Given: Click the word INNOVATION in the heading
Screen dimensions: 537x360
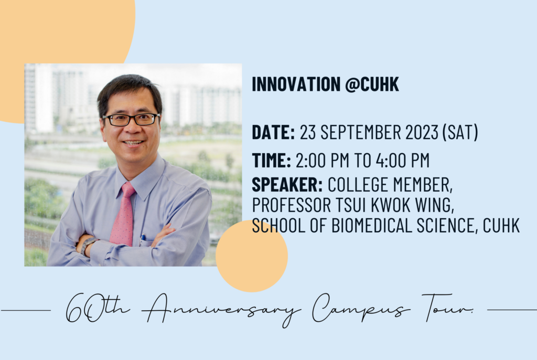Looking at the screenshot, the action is [296, 84].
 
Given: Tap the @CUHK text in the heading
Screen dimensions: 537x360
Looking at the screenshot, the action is [372, 84].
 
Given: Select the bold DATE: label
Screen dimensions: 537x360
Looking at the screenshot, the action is [273, 132].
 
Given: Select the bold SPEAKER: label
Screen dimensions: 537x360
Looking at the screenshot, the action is [287, 185].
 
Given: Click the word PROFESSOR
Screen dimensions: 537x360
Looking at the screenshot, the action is [292, 205].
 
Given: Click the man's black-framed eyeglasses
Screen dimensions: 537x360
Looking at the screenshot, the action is [131, 120].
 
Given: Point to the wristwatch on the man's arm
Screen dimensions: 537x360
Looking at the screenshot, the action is [88, 245].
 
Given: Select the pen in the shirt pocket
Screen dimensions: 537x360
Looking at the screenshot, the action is [143, 239].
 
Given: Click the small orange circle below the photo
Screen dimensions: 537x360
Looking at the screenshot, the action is [252, 256].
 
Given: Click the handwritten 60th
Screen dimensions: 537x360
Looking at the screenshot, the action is [98, 308].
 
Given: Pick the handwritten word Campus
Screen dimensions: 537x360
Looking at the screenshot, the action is [360, 308].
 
